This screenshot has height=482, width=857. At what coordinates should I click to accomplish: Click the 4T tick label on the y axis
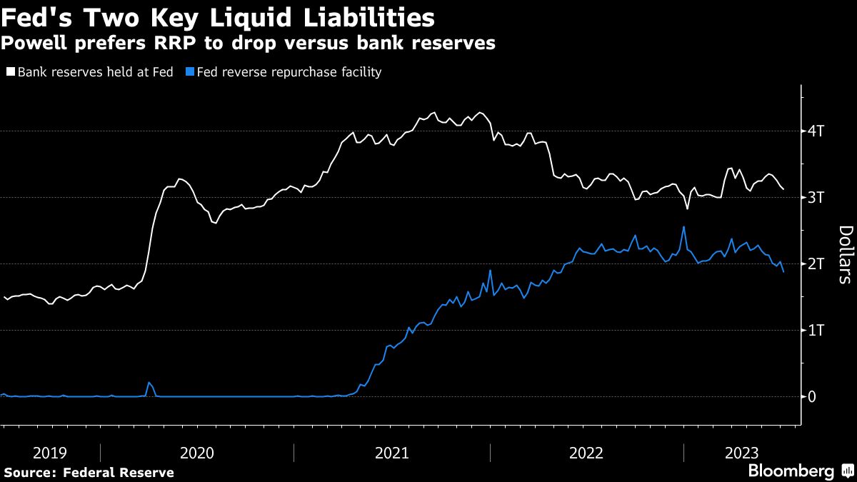[x=817, y=131]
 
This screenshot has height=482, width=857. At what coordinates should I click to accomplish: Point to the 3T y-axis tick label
[x=817, y=198]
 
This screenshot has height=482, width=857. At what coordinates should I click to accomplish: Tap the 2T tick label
[x=817, y=264]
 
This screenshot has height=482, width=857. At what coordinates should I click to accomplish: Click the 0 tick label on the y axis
[x=813, y=397]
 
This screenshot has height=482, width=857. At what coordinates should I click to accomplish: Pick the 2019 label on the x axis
[x=51, y=453]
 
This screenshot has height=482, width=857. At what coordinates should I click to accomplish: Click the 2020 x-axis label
[x=197, y=453]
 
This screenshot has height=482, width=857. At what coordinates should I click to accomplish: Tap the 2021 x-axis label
[x=392, y=453]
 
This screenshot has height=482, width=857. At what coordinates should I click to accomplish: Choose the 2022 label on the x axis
[x=587, y=453]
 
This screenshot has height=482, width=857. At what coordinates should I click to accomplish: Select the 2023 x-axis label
[x=742, y=453]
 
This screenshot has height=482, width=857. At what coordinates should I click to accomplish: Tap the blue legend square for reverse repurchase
[x=189, y=72]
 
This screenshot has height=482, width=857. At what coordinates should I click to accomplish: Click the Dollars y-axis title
[x=846, y=254]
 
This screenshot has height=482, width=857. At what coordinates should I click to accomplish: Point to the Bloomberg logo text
[x=791, y=471]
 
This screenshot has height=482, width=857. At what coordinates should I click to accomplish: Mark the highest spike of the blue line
[x=683, y=227]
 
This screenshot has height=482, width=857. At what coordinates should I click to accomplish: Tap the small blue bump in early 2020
[x=149, y=383]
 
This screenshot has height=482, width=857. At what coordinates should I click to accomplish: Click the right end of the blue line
[x=783, y=272]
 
